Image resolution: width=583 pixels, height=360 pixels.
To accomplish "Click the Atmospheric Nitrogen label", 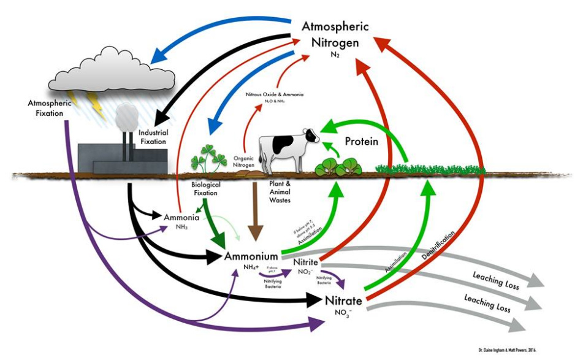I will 335,35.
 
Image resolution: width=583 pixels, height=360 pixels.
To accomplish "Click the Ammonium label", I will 252,256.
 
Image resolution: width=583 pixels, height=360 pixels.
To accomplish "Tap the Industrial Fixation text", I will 153,137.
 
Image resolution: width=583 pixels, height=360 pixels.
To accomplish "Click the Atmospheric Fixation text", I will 50,107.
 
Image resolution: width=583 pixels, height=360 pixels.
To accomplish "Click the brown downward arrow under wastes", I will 255,218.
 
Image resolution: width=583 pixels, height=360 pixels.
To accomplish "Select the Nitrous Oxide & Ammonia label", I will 275,95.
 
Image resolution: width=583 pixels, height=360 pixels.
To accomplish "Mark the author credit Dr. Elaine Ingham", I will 508,349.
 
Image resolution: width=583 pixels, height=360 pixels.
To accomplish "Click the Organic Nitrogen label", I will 243,160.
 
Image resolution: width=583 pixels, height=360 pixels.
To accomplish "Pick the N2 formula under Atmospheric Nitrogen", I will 335,55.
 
